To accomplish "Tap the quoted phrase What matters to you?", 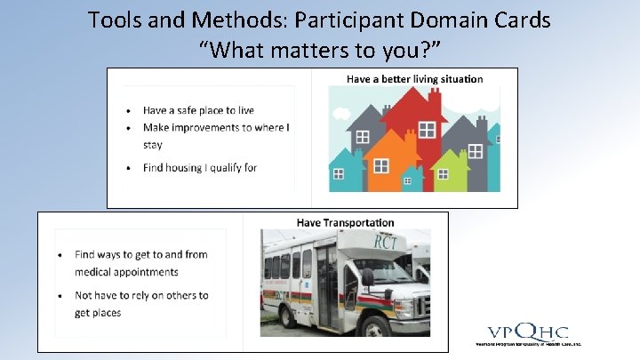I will (x=319, y=50).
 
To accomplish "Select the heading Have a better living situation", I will (x=414, y=79).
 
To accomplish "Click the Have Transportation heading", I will (x=345, y=222).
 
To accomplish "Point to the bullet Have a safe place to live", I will (x=198, y=110).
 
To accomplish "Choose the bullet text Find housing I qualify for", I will (x=200, y=167).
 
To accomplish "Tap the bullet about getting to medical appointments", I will (x=140, y=263).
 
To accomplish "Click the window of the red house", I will (x=427, y=130).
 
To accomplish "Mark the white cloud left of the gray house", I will (x=342, y=113).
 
